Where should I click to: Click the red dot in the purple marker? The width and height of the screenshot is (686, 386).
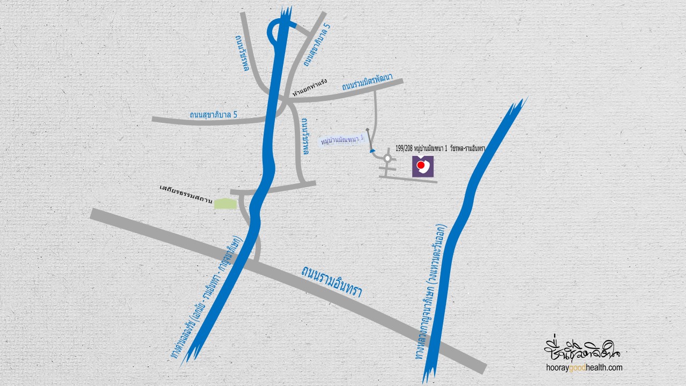[x=422, y=165]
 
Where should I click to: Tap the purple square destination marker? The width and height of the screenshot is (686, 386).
[x=423, y=166]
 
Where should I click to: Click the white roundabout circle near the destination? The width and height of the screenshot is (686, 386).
[x=387, y=159]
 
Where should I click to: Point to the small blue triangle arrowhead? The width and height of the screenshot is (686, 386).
[x=371, y=151]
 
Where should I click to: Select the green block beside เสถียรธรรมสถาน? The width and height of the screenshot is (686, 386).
[x=225, y=203]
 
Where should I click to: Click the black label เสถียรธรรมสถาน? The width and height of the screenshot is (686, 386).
[x=186, y=190]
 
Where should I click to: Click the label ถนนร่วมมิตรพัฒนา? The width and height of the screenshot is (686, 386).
[x=367, y=84]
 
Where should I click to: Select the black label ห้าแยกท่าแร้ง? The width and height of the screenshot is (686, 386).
[x=310, y=87]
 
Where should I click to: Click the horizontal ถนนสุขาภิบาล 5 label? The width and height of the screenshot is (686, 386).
[x=213, y=115]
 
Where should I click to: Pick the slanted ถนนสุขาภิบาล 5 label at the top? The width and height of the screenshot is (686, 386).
[x=316, y=46]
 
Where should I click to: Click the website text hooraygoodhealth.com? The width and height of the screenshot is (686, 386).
[x=584, y=368]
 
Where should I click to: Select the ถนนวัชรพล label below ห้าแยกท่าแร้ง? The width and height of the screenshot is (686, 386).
[x=305, y=137]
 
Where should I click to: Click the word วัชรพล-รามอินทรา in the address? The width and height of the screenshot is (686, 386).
[x=468, y=149]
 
